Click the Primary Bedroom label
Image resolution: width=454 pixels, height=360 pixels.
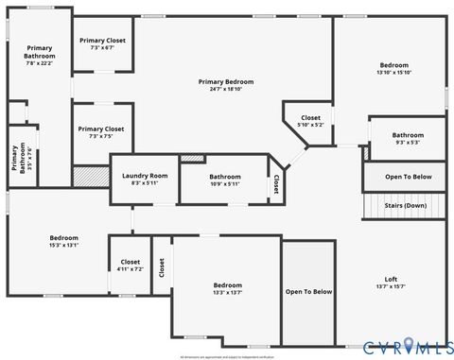226,82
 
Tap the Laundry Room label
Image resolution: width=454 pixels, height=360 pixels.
145,176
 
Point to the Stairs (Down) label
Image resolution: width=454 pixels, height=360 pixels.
405,205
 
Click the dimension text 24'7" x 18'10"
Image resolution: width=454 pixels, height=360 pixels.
226,90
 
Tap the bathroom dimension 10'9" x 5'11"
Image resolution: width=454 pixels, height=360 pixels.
225,184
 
